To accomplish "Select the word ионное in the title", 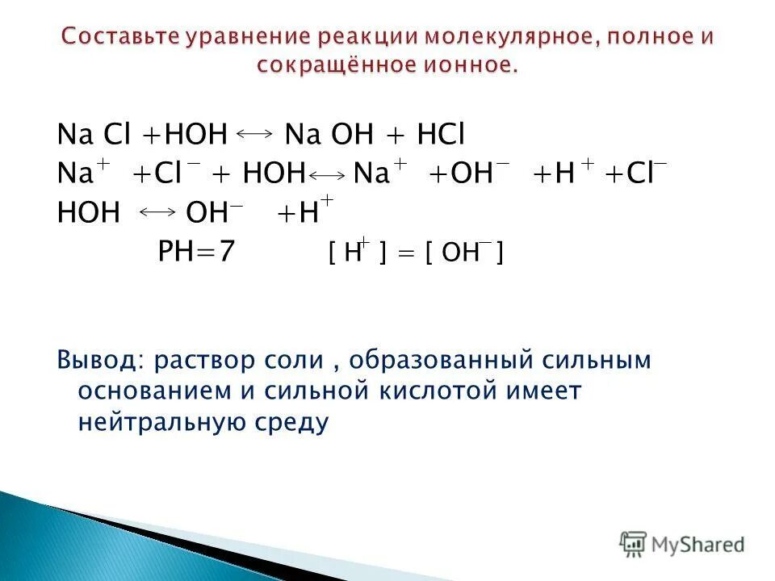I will point(466,65).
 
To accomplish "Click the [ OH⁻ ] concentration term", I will point(465,255).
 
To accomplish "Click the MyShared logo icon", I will point(634,543).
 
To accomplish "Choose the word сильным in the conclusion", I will point(596,360).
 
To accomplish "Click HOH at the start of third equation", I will point(89,213).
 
